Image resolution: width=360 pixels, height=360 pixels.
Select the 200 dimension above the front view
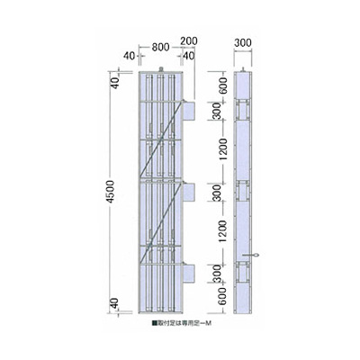[x=188, y=41]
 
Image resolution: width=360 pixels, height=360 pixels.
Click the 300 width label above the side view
[x=243, y=41]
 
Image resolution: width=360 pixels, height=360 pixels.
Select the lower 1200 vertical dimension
[x=217, y=235]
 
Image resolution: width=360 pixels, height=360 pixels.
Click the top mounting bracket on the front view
[x=188, y=108]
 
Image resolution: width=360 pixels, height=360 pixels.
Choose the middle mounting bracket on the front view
[x=188, y=191]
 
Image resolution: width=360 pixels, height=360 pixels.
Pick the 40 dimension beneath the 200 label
[x=188, y=56]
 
